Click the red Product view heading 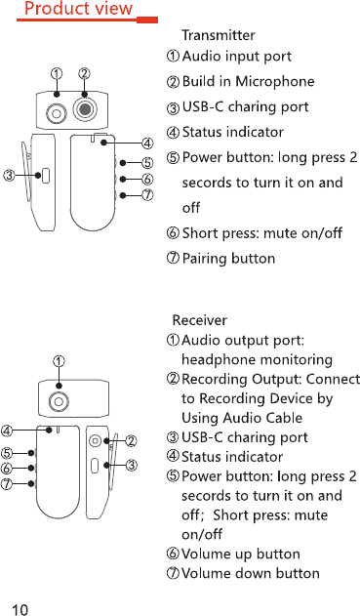pyautogui.click(x=78, y=9)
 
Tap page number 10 pyautogui.click(x=20, y=609)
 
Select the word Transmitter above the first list pyautogui.click(x=219, y=35)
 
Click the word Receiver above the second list pyautogui.click(x=199, y=320)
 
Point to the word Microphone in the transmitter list pyautogui.click(x=275, y=81)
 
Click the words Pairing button pyautogui.click(x=228, y=259)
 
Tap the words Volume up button pyautogui.click(x=241, y=554)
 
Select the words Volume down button pyautogui.click(x=251, y=573)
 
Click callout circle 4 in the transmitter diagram pyautogui.click(x=147, y=144)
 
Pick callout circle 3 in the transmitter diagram pyautogui.click(x=9, y=175)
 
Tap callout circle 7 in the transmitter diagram pyautogui.click(x=147, y=195)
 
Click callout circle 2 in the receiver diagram pyautogui.click(x=131, y=441)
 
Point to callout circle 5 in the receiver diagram pyautogui.click(x=7, y=453)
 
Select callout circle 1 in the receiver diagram pyautogui.click(x=59, y=361)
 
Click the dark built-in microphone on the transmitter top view pyautogui.click(x=85, y=108)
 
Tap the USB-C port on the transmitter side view pyautogui.click(x=46, y=176)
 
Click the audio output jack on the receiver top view pyautogui.click(x=59, y=401)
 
